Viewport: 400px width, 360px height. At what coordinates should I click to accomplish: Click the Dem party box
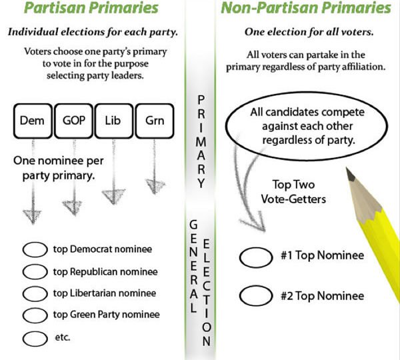pos(33,121)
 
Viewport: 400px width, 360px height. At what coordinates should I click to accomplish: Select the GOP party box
pos(73,121)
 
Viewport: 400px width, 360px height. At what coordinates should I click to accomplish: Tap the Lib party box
pos(114,121)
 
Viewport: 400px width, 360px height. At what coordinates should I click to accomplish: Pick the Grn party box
pos(155,121)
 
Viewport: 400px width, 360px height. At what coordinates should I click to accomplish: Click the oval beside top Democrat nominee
pos(35,249)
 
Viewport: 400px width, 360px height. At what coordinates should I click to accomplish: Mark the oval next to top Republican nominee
pos(35,271)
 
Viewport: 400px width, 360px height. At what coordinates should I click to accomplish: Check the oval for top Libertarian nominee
pos(35,293)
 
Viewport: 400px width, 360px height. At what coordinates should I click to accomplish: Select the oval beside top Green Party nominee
pos(35,315)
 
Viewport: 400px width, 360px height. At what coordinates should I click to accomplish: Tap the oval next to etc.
pos(35,339)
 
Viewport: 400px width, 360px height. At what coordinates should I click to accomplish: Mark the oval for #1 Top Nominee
pos(256,257)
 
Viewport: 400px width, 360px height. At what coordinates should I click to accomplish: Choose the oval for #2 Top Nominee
pos(256,295)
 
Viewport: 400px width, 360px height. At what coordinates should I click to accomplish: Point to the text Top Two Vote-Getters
pos(293,191)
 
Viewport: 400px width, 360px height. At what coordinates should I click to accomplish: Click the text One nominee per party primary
pos(59,169)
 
